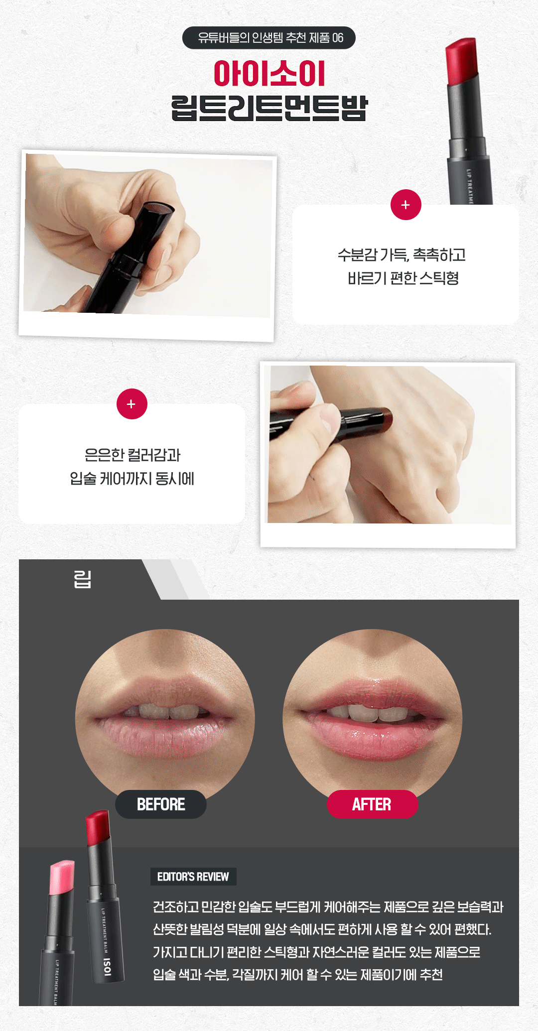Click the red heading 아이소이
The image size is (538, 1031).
[x=269, y=74]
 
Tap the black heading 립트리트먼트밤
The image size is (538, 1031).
[x=269, y=108]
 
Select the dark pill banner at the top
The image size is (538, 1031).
[x=269, y=38]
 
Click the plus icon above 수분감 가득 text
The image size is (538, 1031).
[x=406, y=205]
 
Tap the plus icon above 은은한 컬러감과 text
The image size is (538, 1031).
[x=132, y=404]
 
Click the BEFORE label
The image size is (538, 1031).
[x=161, y=804]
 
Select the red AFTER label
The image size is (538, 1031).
[x=372, y=804]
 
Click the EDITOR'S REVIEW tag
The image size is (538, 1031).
[x=193, y=877]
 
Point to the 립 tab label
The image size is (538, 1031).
[x=82, y=579]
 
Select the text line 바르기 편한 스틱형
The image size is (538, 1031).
[x=403, y=278]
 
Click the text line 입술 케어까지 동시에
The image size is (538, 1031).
[x=132, y=479]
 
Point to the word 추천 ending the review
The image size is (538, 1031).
[x=431, y=974]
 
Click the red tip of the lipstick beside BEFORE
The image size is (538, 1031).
[x=98, y=828]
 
